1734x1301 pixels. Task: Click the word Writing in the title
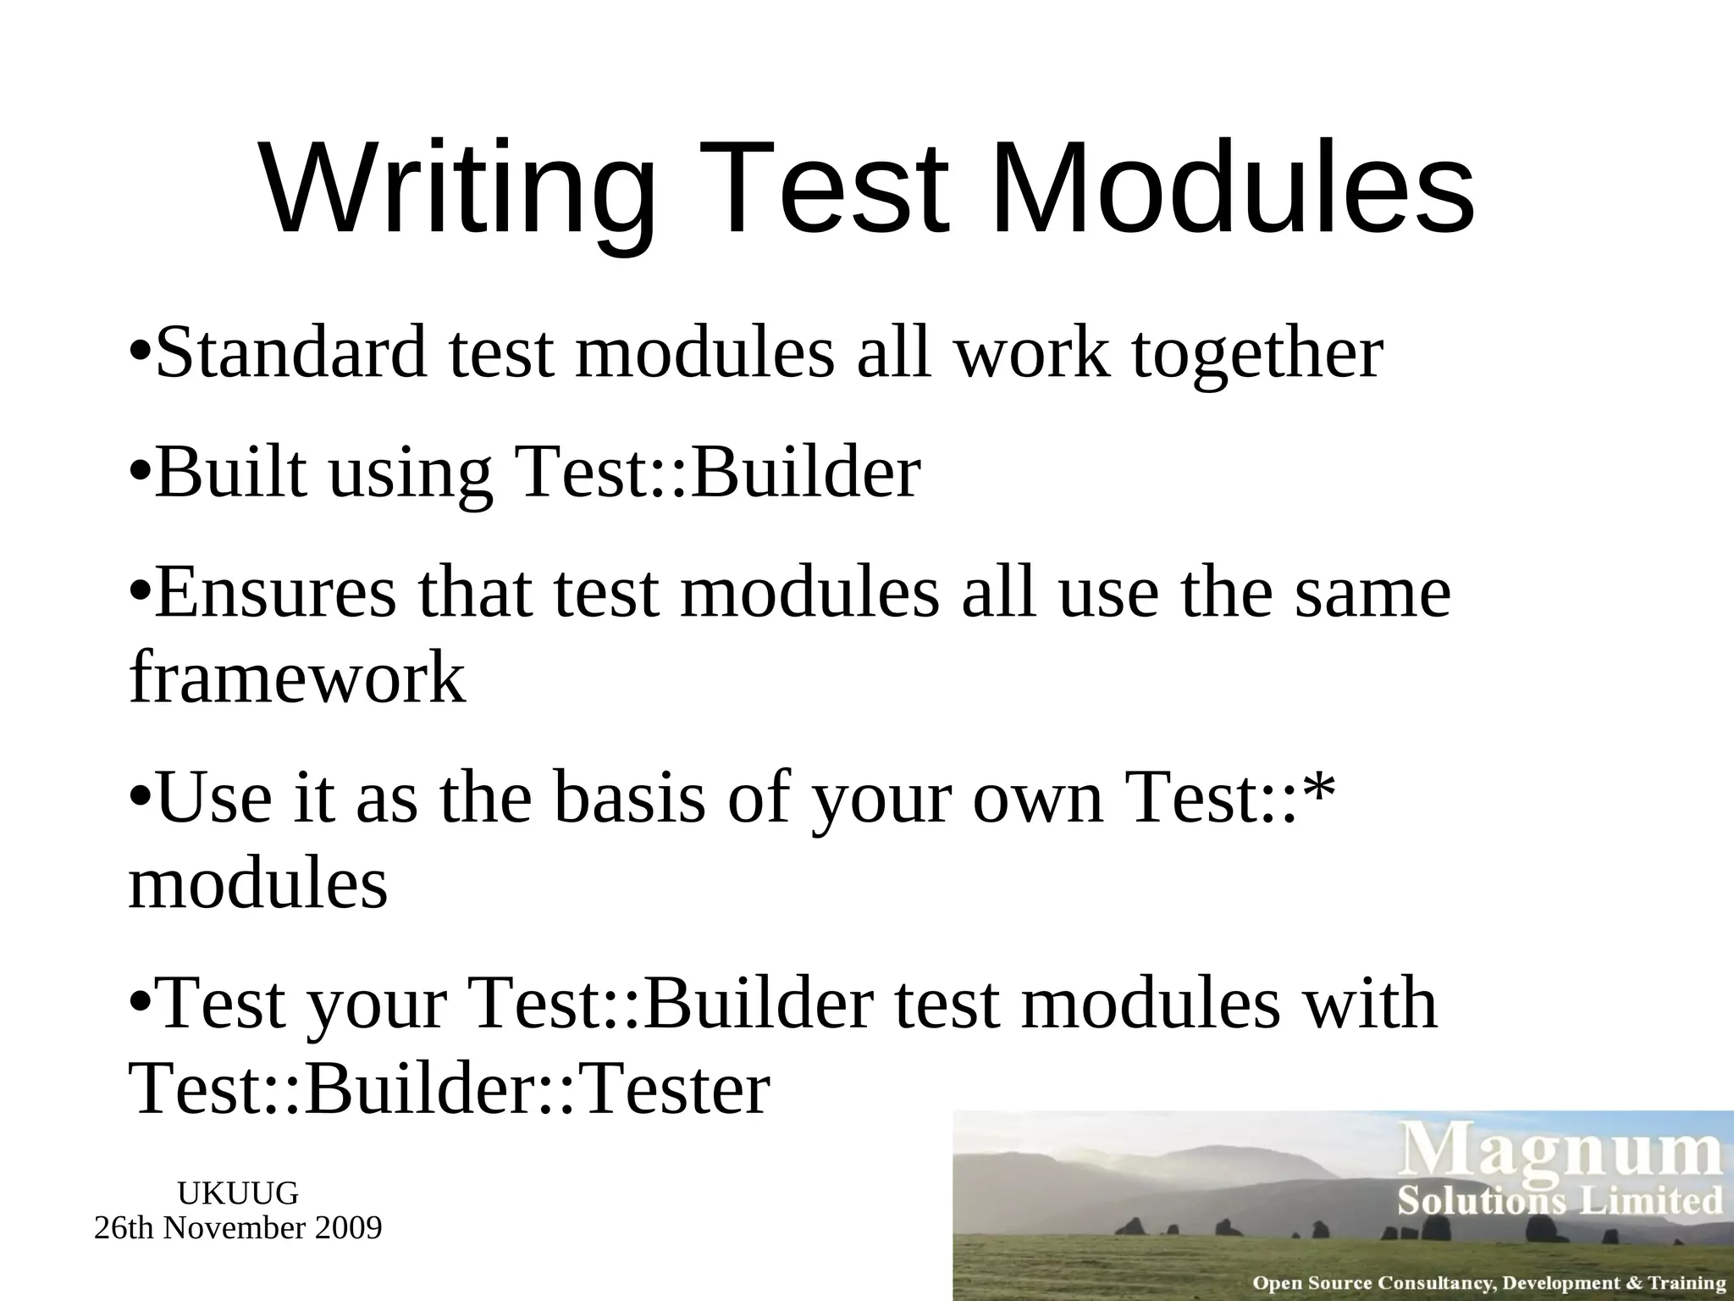click(x=458, y=191)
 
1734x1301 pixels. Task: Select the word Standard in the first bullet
click(x=292, y=352)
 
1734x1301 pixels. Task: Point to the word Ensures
click(x=275, y=593)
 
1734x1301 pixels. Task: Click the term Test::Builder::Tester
click(x=449, y=1089)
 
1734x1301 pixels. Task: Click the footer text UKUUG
click(x=238, y=1193)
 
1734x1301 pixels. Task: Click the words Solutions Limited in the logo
click(x=1560, y=1200)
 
